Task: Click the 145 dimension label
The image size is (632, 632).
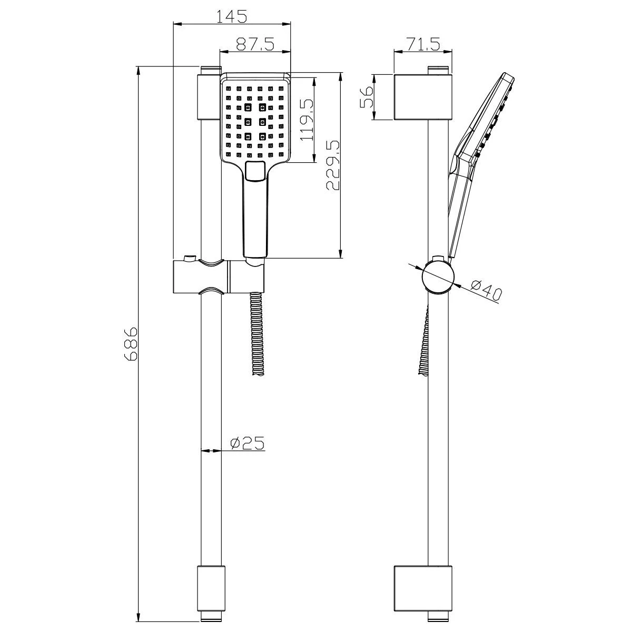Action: (232, 16)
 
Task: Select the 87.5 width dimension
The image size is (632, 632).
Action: (255, 44)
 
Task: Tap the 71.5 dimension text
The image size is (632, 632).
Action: (422, 44)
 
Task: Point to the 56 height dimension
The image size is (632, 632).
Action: (367, 97)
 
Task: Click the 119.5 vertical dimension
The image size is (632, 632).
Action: (307, 120)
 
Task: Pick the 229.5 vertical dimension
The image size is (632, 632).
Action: (334, 165)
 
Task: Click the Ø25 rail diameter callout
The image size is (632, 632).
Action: (247, 444)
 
